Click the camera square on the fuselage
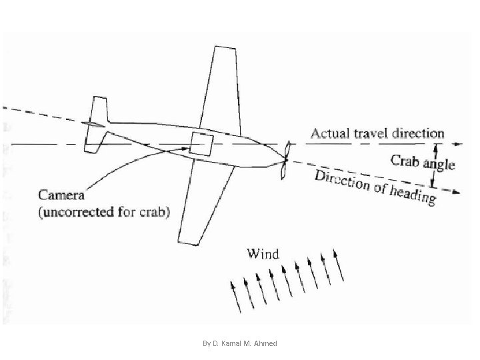(201, 144)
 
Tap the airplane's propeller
(286, 160)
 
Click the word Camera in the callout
(61, 195)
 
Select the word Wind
(263, 254)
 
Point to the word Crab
(405, 161)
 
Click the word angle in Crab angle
(439, 165)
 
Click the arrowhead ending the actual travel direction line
(458, 144)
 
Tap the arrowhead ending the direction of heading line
(456, 192)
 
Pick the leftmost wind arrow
(235, 297)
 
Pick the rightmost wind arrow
(338, 265)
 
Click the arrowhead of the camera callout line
(185, 149)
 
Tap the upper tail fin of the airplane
(99, 110)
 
